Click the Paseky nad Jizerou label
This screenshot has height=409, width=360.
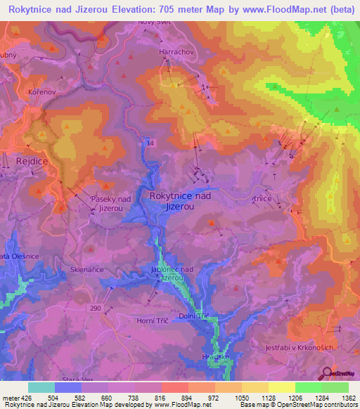pos(112,204)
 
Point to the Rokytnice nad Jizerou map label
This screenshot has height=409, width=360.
pos(181,201)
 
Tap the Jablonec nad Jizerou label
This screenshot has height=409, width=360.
pos(172,273)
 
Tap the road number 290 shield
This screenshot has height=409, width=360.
pos(95,308)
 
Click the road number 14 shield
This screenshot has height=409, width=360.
pos(150,143)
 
